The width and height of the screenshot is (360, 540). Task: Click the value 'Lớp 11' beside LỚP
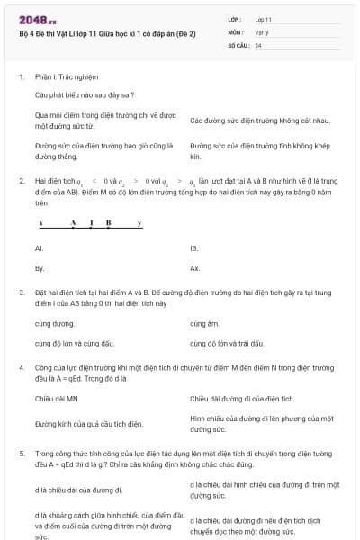tap(263, 19)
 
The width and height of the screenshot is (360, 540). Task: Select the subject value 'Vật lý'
tap(262, 31)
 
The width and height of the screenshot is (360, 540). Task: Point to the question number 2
tap(21, 181)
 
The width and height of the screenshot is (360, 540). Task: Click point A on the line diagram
tap(74, 221)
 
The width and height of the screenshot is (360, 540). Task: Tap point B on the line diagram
tap(108, 221)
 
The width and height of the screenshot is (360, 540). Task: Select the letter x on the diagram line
tap(40, 221)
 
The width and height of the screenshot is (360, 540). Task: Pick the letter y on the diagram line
tap(139, 221)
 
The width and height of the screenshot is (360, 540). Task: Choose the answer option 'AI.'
tap(39, 247)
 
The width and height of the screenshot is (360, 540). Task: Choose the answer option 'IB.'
tap(194, 247)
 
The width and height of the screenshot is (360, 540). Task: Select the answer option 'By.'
tap(40, 268)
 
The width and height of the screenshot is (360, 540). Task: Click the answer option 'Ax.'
tap(195, 268)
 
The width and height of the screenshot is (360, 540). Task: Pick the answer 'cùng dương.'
tap(55, 322)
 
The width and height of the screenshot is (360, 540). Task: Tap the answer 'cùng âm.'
tap(205, 322)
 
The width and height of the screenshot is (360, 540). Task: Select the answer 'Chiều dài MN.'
tap(58, 398)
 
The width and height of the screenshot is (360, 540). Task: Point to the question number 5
tap(21, 454)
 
